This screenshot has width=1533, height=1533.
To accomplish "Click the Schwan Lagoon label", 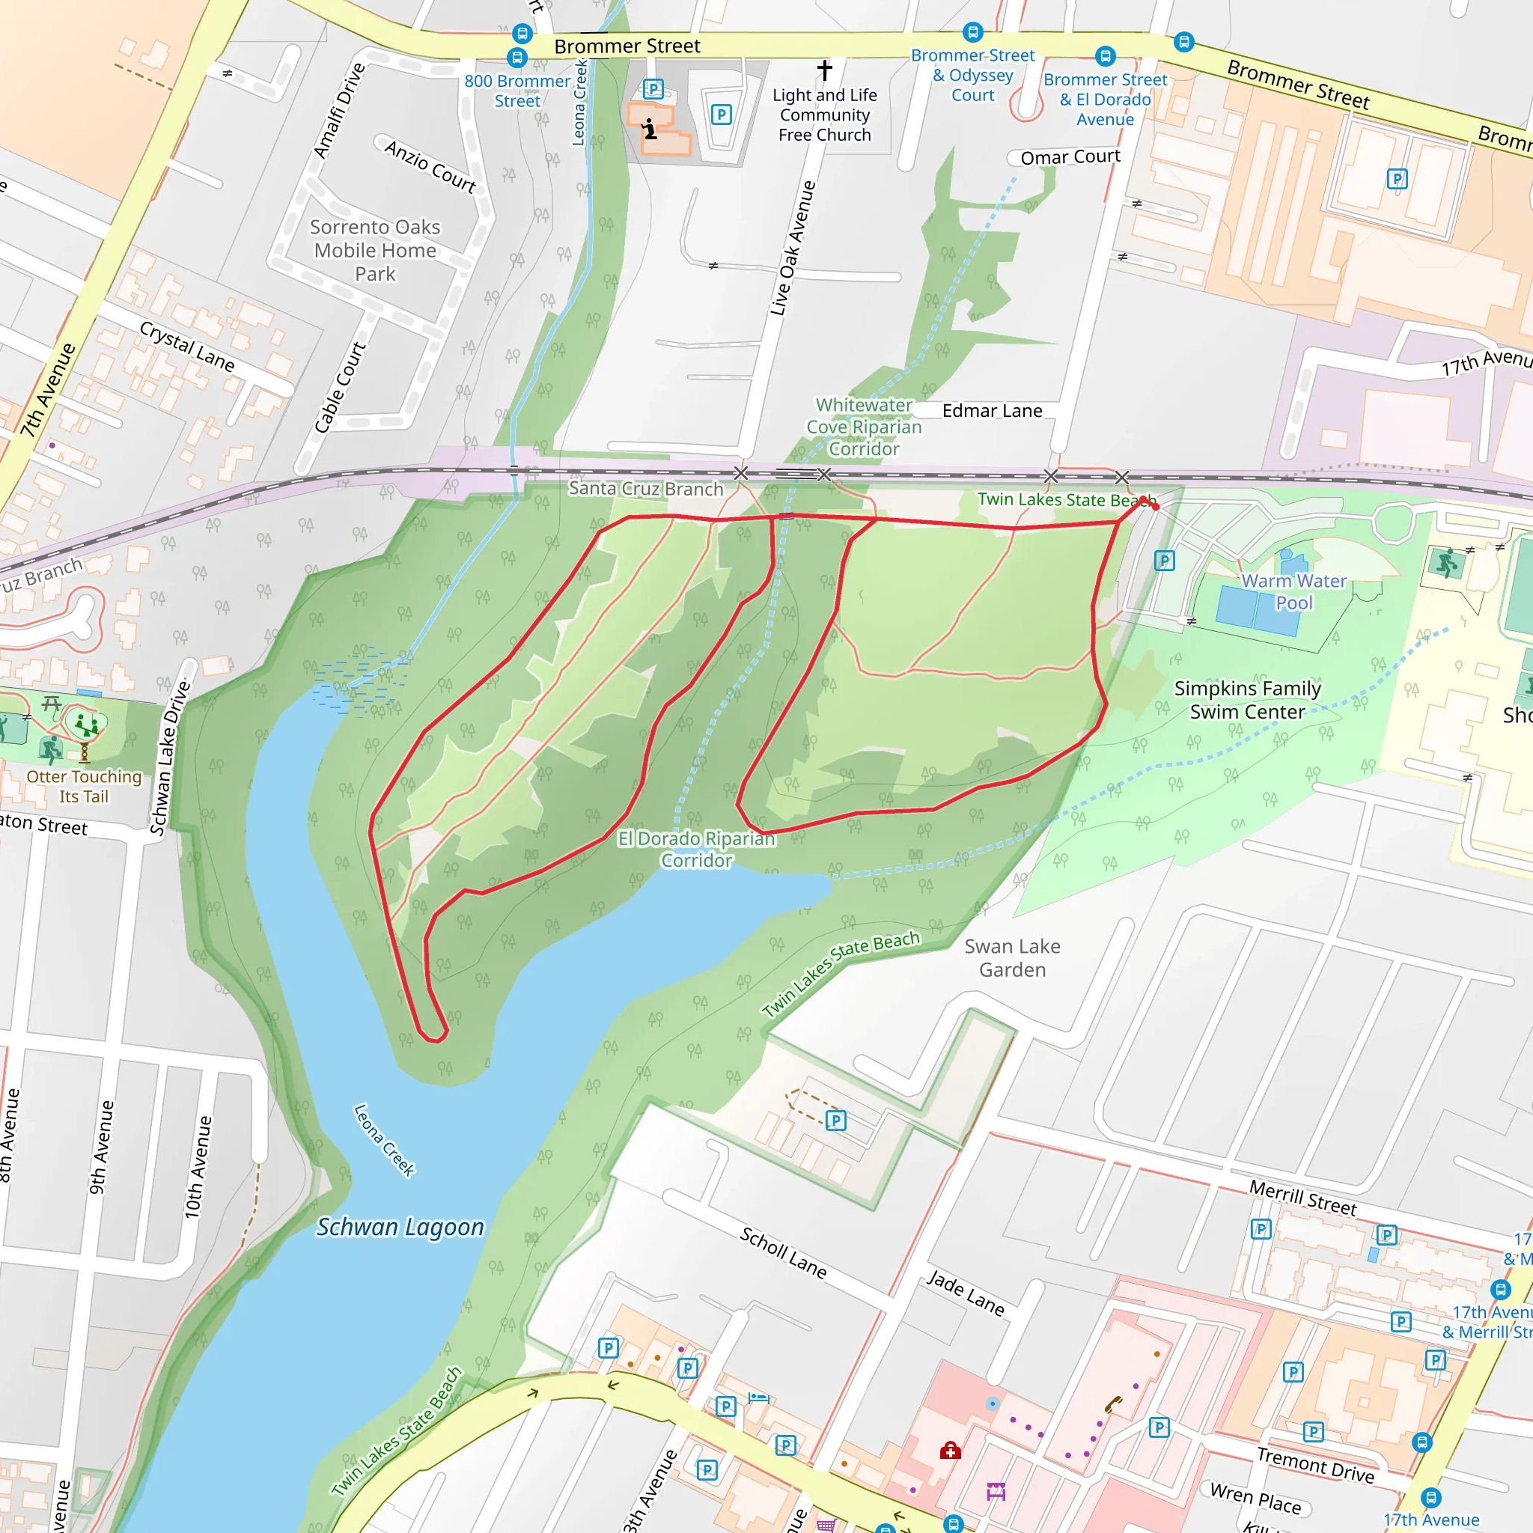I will click(400, 1228).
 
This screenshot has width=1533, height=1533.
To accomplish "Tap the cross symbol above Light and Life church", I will click(824, 70).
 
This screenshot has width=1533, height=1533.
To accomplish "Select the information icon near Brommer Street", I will click(650, 129).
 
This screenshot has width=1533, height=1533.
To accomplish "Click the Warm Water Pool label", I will click(1293, 592).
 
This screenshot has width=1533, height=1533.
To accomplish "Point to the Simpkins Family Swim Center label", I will click(1247, 700).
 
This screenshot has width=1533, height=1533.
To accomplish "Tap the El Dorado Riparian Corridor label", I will click(696, 849).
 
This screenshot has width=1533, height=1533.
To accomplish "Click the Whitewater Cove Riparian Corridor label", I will click(863, 427).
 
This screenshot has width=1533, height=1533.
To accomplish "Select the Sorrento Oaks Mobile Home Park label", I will click(374, 250).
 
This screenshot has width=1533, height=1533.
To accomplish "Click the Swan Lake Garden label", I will click(1012, 957).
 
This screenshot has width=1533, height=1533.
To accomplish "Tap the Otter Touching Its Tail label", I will click(84, 787).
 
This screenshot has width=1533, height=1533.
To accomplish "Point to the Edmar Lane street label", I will click(992, 411).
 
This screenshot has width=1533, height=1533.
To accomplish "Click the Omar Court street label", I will click(1070, 157).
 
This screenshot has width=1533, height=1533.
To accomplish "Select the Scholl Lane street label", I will click(783, 1252).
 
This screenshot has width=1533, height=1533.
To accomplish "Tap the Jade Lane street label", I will click(966, 1293).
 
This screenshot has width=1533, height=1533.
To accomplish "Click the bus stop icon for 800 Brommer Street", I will click(517, 58).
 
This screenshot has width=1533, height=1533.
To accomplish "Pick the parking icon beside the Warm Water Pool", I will click(1164, 561).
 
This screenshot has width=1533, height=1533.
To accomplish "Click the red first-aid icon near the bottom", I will click(950, 1451).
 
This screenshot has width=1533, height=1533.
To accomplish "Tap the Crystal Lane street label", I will click(187, 347).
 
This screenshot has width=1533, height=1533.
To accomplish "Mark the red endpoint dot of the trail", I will click(1155, 507).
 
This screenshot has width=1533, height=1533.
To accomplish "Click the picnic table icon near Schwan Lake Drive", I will click(52, 703).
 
